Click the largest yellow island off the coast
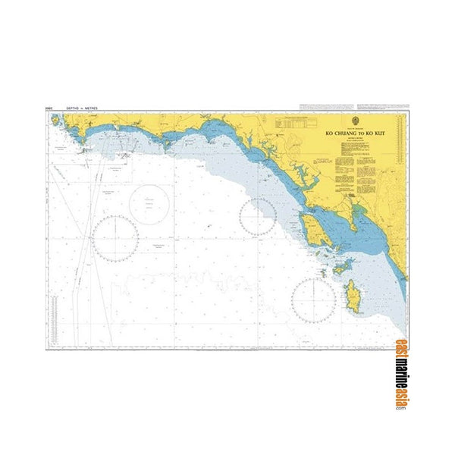pos(312,225)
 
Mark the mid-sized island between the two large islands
pos(341,265)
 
